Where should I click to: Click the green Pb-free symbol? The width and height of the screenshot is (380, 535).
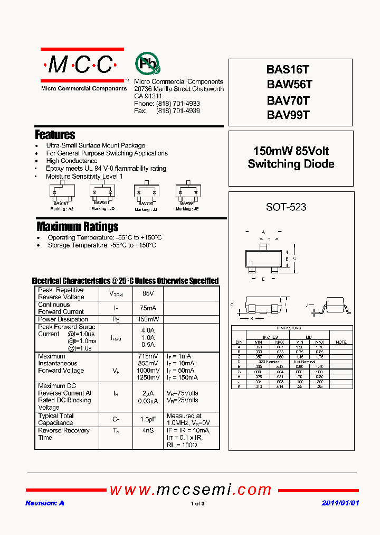147,64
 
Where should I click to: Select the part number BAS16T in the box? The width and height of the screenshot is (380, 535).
288,70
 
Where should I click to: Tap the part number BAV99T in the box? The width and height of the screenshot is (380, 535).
288,115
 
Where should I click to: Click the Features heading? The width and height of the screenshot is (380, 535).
55,135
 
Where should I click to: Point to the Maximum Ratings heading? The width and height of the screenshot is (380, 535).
78,227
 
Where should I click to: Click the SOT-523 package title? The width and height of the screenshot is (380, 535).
286,207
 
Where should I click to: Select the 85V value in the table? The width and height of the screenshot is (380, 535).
148,293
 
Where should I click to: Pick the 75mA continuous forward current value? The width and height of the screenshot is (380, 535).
148,308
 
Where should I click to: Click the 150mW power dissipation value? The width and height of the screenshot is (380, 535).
148,319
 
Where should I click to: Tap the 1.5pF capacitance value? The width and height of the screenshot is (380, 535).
148,419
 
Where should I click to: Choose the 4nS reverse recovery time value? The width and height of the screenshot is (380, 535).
148,431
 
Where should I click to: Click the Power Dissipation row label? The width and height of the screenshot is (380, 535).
63,319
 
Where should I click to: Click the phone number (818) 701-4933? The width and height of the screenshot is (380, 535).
178,104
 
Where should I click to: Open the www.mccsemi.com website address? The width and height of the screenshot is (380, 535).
190,490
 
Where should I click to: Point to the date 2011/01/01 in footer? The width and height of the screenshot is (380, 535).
340,503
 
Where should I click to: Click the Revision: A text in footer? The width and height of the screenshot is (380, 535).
45,503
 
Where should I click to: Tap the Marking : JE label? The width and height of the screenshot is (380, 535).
187,209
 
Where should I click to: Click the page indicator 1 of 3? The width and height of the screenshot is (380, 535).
197,504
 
